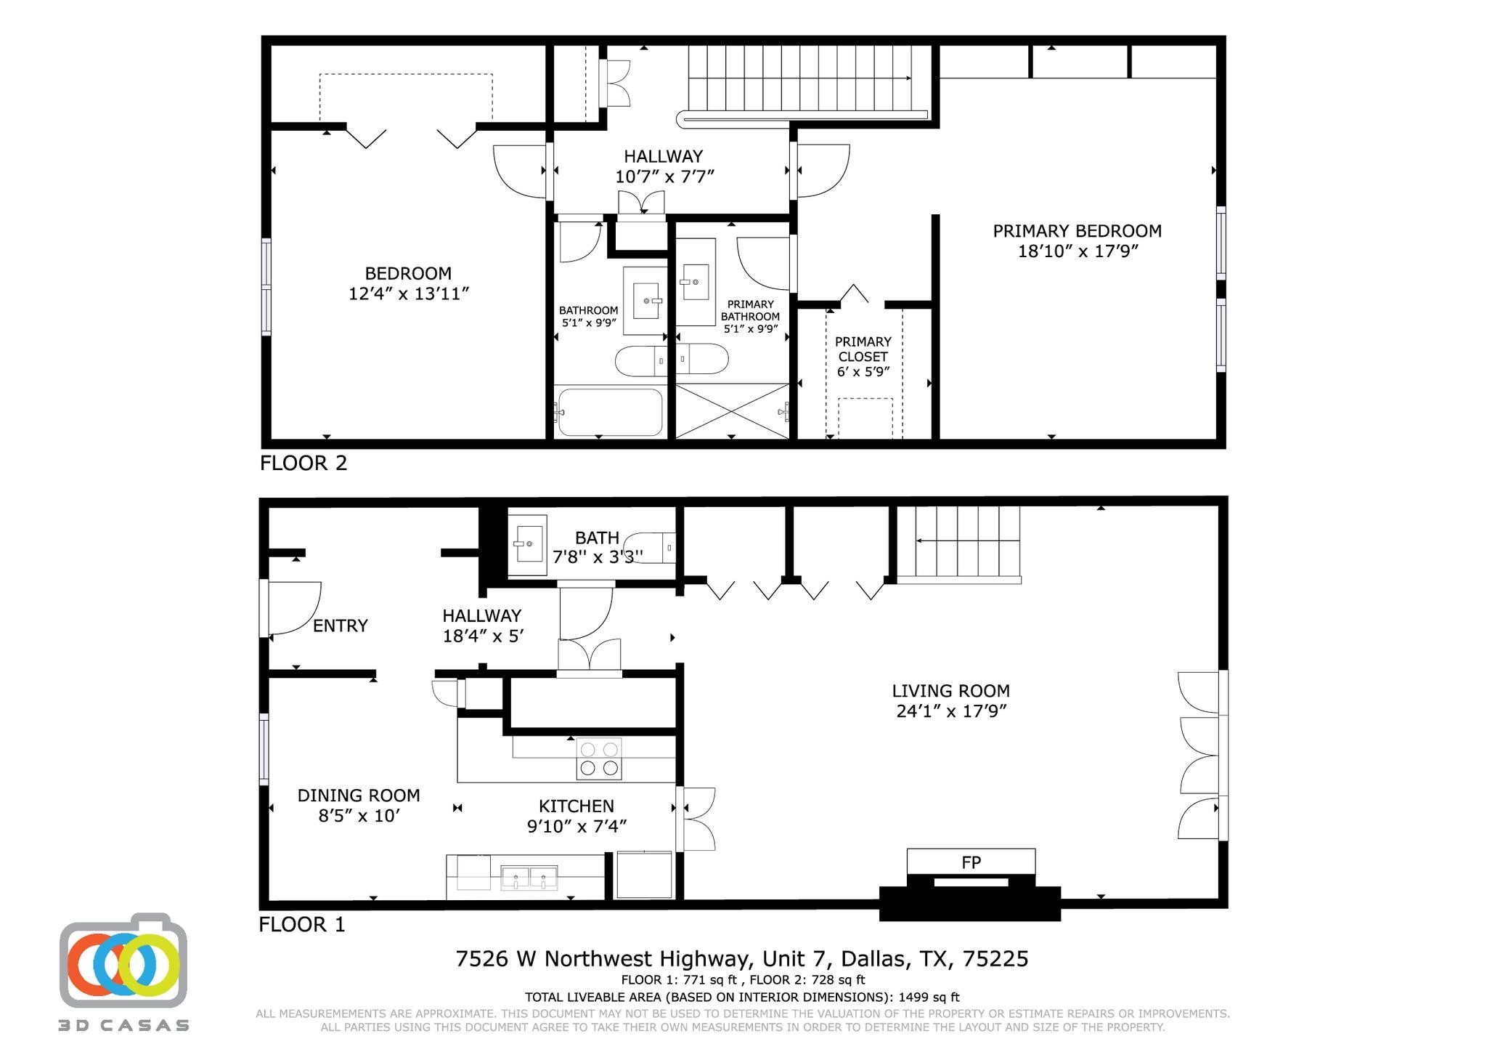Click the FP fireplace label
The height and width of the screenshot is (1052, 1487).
click(971, 862)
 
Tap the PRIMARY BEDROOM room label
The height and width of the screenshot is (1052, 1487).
click(1077, 231)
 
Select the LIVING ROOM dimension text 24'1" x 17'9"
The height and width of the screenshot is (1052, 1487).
click(951, 711)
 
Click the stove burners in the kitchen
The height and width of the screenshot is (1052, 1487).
click(600, 758)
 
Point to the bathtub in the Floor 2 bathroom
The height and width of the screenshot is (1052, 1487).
click(610, 413)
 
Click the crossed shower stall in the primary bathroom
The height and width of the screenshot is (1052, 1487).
click(732, 411)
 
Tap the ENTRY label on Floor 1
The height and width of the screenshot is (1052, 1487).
click(340, 626)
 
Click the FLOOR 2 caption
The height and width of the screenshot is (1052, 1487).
click(303, 464)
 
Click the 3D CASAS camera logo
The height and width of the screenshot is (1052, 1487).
click(123, 960)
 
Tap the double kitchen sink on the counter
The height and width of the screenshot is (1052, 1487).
click(529, 878)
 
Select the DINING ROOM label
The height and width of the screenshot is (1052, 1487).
click(359, 796)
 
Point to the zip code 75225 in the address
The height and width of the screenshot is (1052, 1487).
click(995, 959)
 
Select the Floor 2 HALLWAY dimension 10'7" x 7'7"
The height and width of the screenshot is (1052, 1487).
click(664, 177)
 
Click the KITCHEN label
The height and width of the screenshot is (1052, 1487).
click(576, 806)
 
